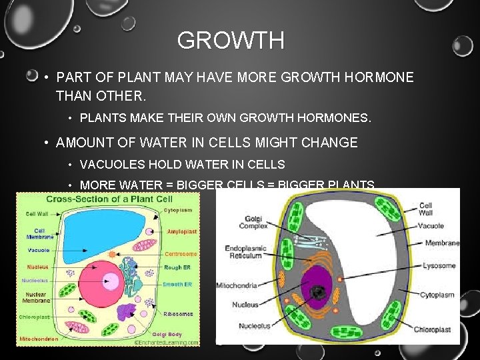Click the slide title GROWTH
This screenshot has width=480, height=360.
pyautogui.click(x=231, y=41)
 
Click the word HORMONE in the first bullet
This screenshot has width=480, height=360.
pyautogui.click(x=381, y=77)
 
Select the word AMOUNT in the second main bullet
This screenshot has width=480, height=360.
pyautogui.click(x=83, y=142)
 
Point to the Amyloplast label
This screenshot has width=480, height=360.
pyautogui.click(x=181, y=231)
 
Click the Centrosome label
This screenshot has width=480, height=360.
pyautogui.click(x=181, y=254)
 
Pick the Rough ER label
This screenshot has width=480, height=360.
pyautogui.click(x=178, y=268)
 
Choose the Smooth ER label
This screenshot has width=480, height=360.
pyautogui.click(x=179, y=284)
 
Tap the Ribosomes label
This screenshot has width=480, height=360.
pyautogui.click(x=179, y=313)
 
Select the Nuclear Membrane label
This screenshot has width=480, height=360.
pyautogui.click(x=34, y=297)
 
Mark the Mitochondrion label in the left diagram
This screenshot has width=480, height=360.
pyautogui.click(x=39, y=339)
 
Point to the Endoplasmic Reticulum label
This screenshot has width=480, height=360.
pyautogui.click(x=246, y=252)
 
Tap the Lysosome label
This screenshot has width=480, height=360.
pyautogui.click(x=439, y=265)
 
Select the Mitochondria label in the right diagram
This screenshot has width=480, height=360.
pyautogui.click(x=236, y=285)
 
